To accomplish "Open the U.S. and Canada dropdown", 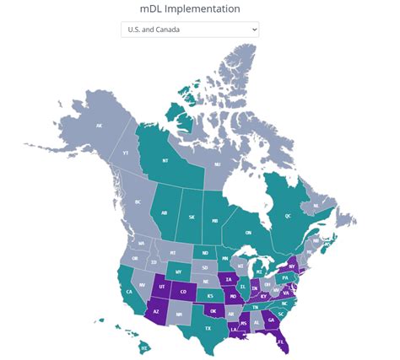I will [x=189, y=30].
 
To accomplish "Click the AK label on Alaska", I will [x=100, y=126].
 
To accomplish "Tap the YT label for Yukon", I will [x=127, y=153].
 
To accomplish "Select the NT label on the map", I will [x=165, y=159].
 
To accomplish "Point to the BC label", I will [x=138, y=202].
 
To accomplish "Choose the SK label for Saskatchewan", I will [x=192, y=218].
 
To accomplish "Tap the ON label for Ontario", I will [x=248, y=233].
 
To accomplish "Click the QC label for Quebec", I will [x=288, y=216].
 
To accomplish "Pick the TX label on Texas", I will [x=208, y=328].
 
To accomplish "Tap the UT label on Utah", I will [x=162, y=287].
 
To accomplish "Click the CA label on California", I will [x=129, y=292].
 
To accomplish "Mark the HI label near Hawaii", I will [x=144, y=347].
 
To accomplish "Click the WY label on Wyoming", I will [x=178, y=271].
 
